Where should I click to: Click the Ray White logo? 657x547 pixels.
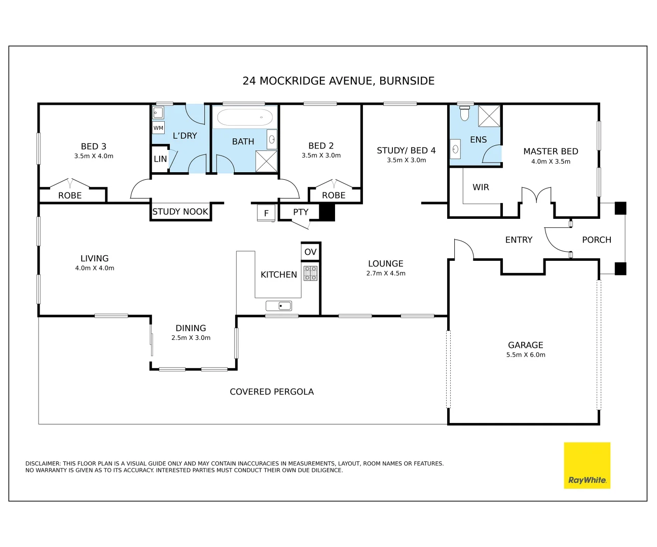(x=587, y=465)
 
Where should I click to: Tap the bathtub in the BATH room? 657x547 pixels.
(x=245, y=118)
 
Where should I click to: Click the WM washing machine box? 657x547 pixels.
(x=158, y=128)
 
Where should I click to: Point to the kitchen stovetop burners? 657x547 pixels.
(x=310, y=273)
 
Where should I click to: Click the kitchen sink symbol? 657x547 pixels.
(x=279, y=306)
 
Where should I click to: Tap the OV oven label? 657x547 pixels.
(x=310, y=252)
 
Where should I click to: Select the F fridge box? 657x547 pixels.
(x=266, y=213)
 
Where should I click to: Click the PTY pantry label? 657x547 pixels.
(x=301, y=212)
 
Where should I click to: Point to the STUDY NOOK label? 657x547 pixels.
(x=180, y=212)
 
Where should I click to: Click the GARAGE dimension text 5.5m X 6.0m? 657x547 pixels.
(x=526, y=355)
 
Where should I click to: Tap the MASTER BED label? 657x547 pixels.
(x=551, y=151)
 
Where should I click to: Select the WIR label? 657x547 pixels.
(x=481, y=187)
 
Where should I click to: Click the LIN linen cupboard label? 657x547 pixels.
(x=160, y=159)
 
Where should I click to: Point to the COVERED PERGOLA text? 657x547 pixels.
(x=272, y=392)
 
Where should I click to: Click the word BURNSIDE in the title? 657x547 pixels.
(x=407, y=81)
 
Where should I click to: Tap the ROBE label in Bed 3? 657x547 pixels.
(x=70, y=196)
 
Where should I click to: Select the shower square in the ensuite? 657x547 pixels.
(x=489, y=116)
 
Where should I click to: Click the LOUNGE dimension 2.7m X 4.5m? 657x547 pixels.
(x=386, y=273)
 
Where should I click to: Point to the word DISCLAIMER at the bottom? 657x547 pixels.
(x=43, y=463)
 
